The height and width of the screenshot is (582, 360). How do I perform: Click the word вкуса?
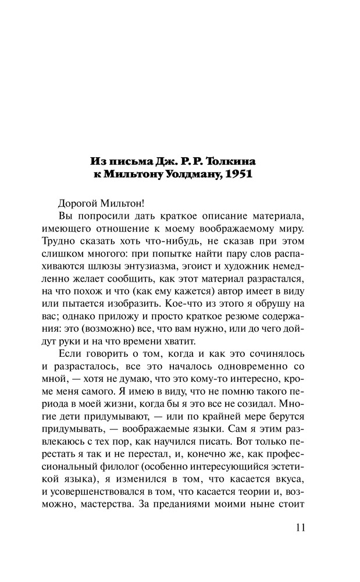pos(289,474)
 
